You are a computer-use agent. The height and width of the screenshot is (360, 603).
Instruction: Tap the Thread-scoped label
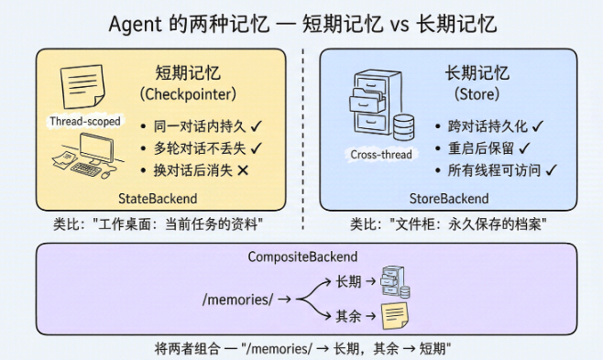point(85,122)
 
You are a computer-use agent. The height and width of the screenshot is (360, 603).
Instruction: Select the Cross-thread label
point(381,155)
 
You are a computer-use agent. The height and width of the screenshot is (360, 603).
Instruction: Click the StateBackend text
point(158,199)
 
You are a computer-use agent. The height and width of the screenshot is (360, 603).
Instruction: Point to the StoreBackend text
point(449,199)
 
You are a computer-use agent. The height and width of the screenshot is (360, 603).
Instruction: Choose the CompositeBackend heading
point(302,256)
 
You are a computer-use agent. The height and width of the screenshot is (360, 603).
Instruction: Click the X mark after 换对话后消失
point(243,170)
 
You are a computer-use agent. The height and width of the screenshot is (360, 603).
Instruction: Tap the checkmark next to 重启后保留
point(524,147)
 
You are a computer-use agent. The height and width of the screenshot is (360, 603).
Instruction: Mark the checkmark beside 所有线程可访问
point(551,169)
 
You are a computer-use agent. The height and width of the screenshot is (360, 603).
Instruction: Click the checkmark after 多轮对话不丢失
point(256,147)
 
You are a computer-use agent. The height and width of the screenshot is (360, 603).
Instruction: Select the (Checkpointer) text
point(188,94)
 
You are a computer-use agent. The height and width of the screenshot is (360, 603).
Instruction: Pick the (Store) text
point(477,94)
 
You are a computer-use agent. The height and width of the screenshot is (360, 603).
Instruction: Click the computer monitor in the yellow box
point(96,148)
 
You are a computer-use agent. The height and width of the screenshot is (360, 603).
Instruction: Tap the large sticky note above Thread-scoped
point(82,86)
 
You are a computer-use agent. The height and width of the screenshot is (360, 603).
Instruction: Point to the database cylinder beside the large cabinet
point(404,127)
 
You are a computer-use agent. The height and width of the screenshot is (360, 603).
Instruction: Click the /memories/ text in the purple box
point(238,300)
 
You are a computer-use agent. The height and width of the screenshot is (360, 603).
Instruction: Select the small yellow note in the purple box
point(395,316)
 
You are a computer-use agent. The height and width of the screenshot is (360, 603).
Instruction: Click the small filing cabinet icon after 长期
point(395,282)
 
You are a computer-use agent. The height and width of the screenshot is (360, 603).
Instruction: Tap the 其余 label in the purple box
point(348,316)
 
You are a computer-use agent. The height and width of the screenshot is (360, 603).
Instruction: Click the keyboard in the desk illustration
point(85,169)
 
